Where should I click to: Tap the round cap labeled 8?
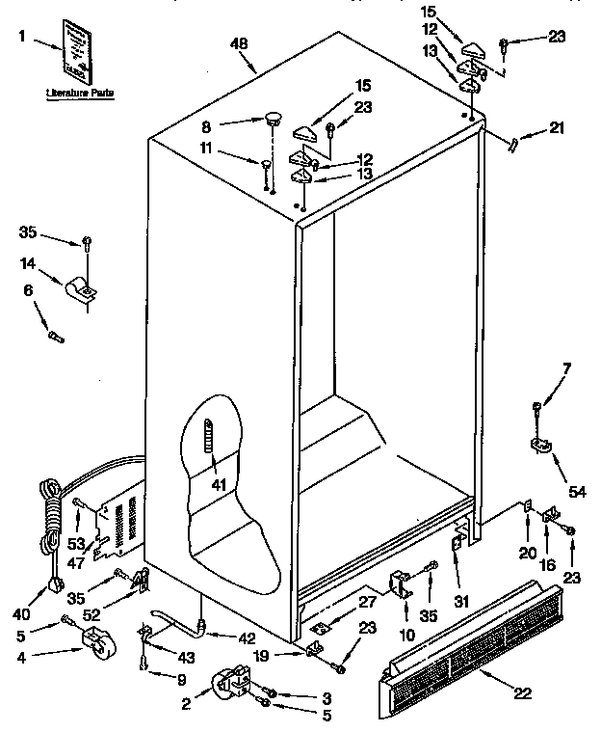click(x=274, y=120)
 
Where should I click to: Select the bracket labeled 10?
click(x=398, y=584)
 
